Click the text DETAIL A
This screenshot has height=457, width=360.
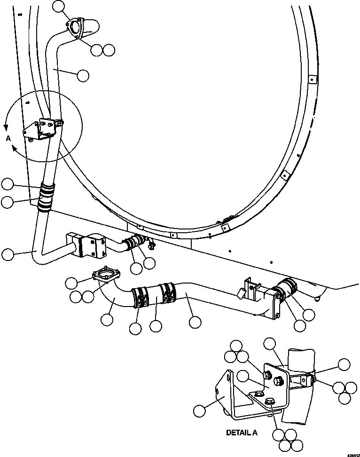coord(241,433)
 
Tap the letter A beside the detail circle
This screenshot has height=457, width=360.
coord(8,138)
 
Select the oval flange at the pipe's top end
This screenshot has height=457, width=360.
coord(75,26)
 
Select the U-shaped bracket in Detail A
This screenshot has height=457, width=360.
coord(229,395)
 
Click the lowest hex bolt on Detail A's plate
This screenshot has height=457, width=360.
coord(270,401)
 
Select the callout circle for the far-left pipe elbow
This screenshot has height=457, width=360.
coord(8,254)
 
